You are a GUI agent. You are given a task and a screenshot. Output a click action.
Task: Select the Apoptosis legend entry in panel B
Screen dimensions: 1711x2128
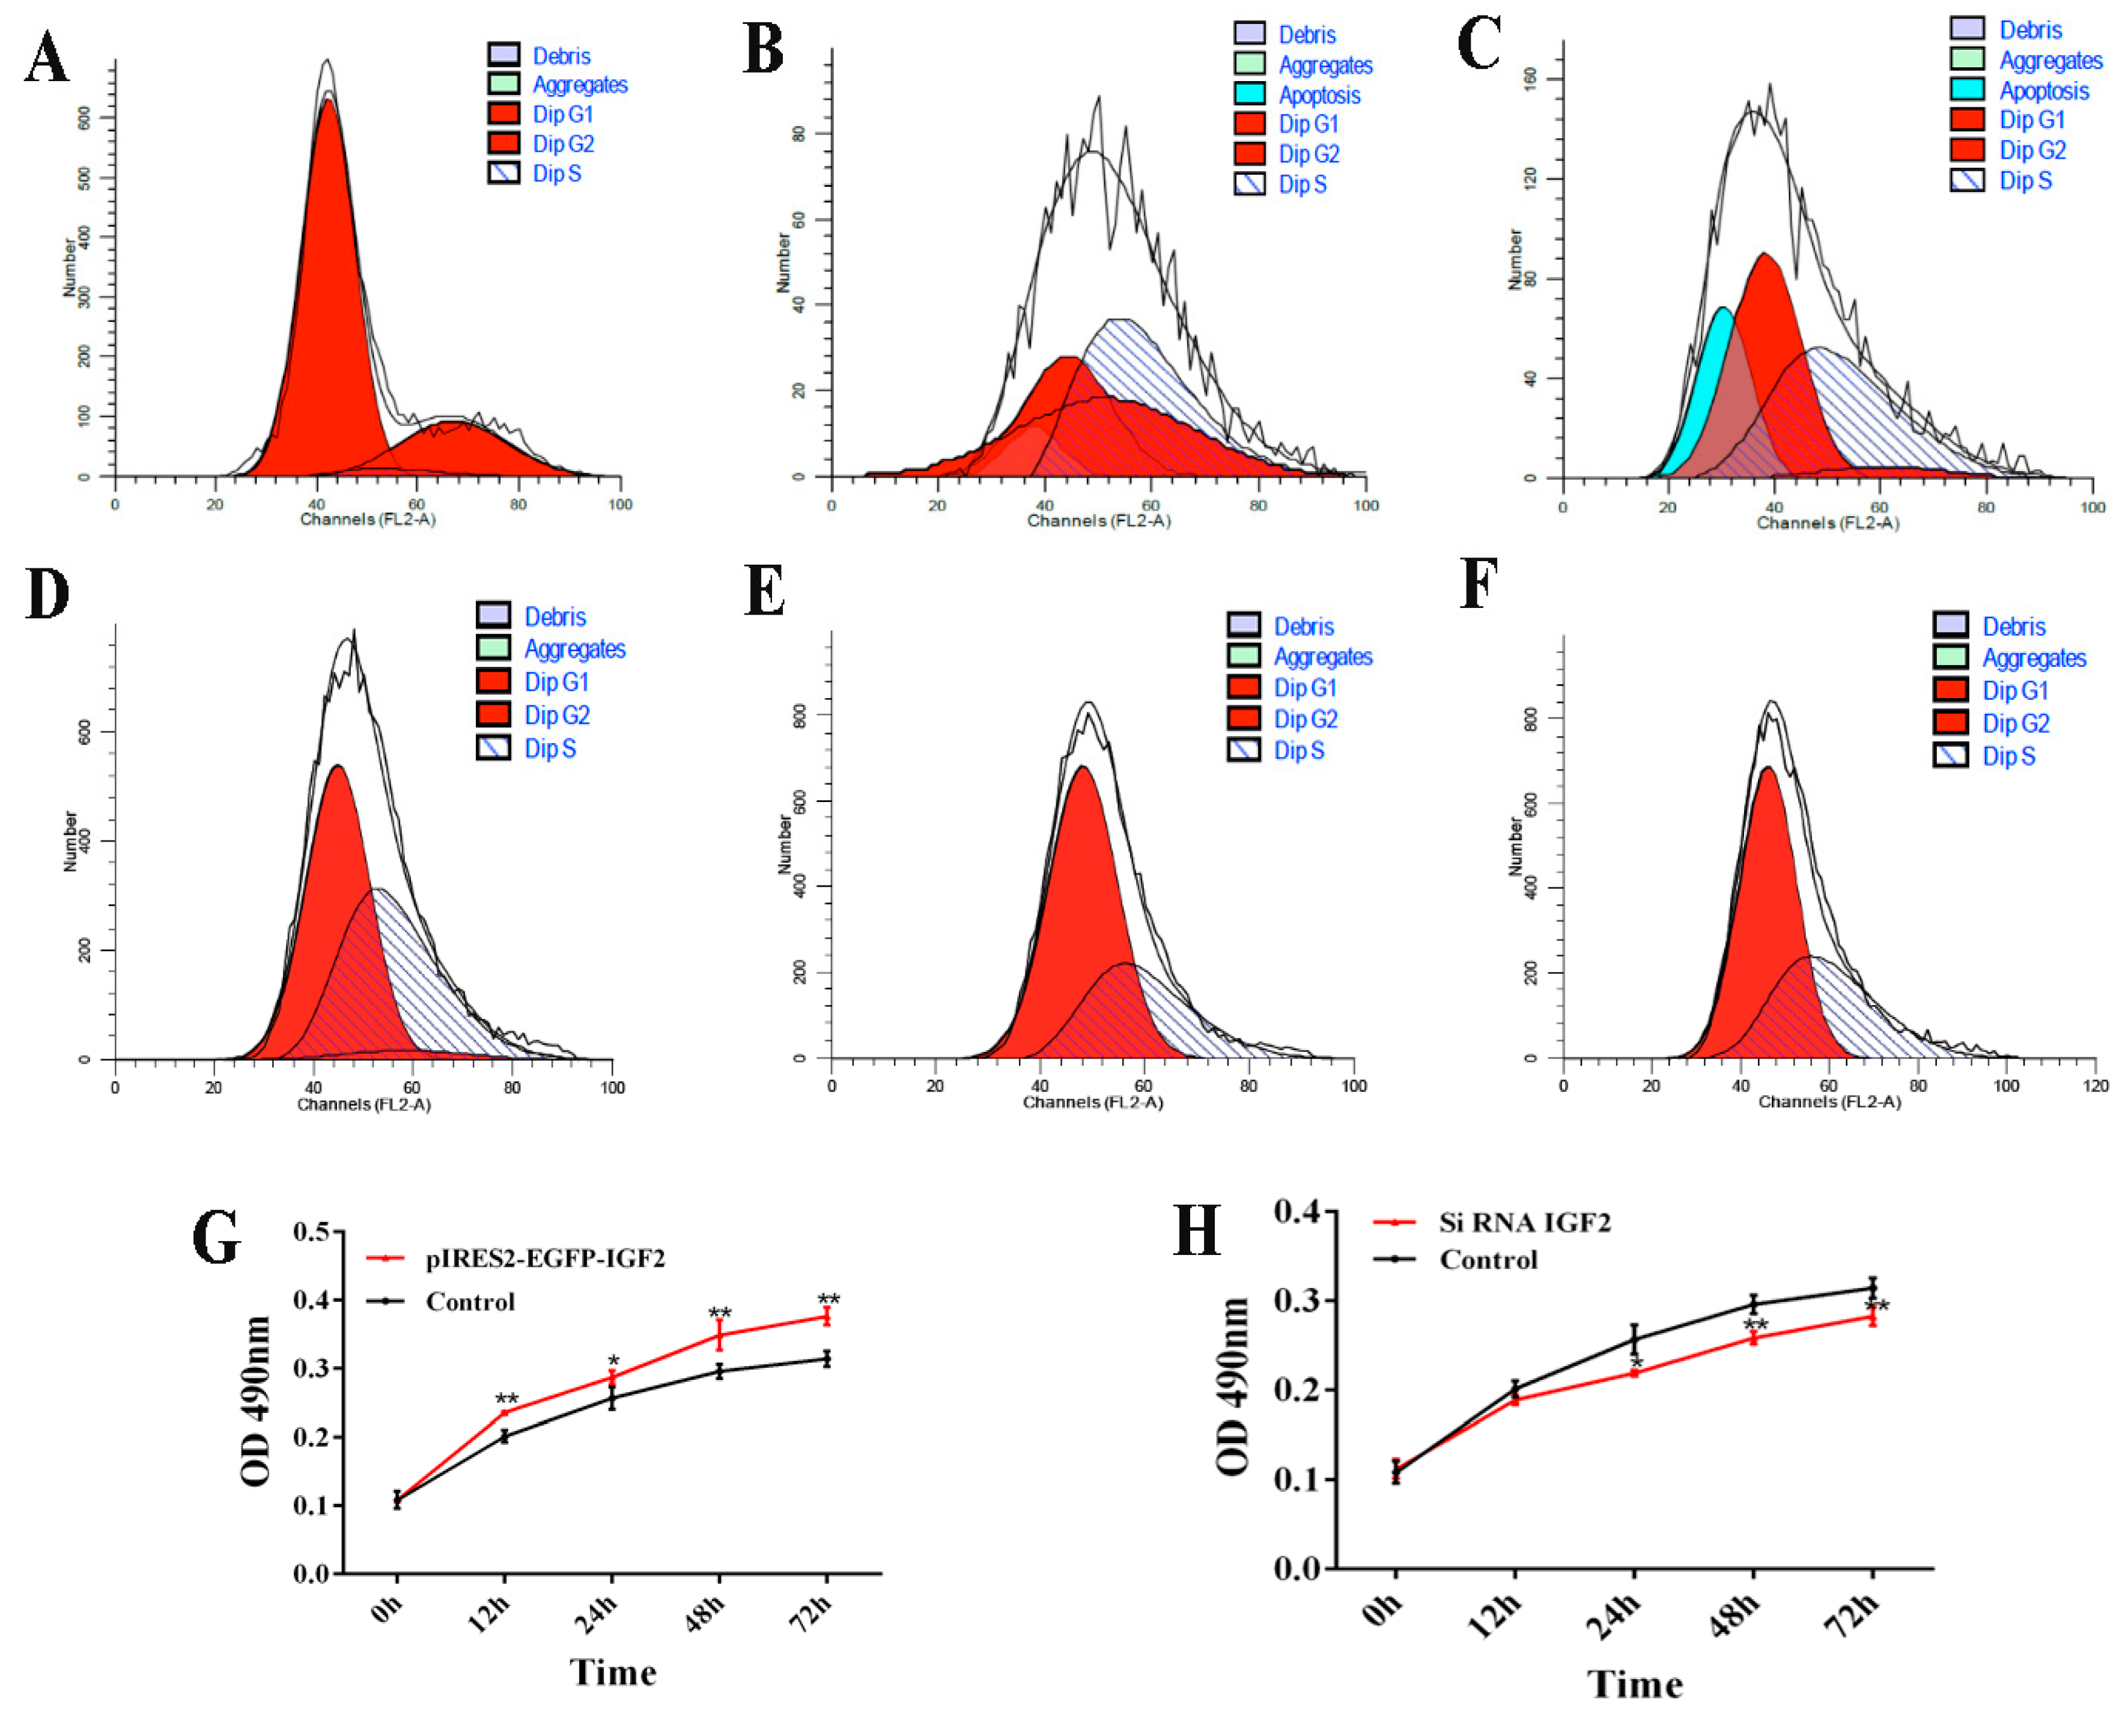[x=1319, y=95]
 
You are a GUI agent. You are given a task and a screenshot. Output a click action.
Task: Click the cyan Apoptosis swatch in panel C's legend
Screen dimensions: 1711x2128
[x=1966, y=89]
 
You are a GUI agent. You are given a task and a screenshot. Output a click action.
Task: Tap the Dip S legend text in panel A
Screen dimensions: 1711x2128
[x=557, y=174]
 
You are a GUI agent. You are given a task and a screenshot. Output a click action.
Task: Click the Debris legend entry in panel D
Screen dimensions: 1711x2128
[x=555, y=617]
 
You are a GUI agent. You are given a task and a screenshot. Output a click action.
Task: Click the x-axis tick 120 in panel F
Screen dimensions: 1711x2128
[x=2094, y=1086]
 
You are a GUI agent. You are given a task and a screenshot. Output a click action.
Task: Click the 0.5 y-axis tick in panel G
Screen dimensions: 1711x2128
[x=312, y=1232]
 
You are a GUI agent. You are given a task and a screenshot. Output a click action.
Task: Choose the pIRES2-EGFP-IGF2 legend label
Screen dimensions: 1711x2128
[x=545, y=1259]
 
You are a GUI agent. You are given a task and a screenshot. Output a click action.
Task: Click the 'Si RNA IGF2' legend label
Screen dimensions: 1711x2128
[x=1524, y=1223]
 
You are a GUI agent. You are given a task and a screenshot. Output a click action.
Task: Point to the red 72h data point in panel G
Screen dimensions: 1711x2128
[x=827, y=1317]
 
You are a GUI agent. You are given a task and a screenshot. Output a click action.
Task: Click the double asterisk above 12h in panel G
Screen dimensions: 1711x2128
[x=506, y=1399]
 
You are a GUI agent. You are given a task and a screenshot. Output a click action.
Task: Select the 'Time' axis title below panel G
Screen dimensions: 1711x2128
[x=613, y=1671]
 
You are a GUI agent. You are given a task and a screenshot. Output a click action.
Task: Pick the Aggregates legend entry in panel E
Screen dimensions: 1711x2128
[x=1322, y=657]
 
